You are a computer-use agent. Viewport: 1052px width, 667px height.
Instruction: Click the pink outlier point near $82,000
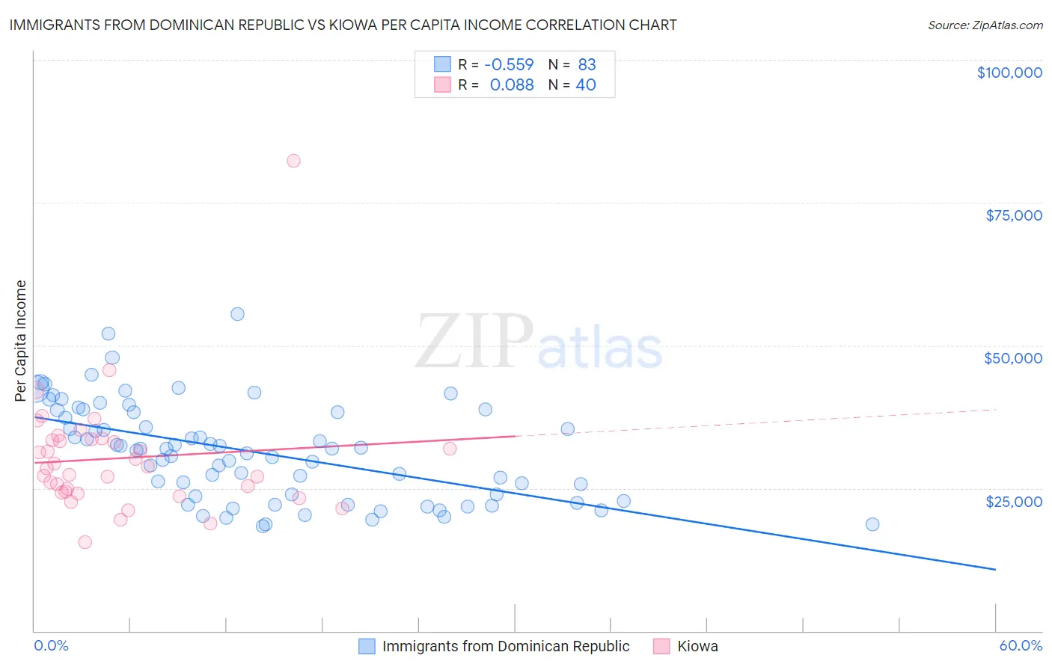point(293,161)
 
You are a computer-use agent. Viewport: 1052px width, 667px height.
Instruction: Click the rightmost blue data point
point(872,524)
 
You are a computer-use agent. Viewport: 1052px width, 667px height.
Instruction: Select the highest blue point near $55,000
point(237,314)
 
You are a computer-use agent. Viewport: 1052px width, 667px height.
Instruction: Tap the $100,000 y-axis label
point(1009,73)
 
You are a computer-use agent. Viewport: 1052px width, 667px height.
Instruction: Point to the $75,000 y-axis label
point(1013,215)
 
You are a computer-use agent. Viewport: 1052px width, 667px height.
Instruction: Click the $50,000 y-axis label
point(1012,358)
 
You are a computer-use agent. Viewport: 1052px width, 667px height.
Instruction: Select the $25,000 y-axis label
point(1013,501)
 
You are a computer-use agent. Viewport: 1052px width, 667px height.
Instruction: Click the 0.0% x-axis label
point(51,645)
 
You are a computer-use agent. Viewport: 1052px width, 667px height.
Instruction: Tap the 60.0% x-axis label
point(1020,645)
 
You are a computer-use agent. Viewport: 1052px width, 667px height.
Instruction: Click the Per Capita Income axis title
point(21,340)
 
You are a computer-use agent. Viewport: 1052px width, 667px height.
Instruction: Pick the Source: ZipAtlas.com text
point(985,25)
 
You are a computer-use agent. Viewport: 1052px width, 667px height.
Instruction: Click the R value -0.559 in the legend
point(509,64)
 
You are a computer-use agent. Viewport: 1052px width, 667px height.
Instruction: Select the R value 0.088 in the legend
point(512,85)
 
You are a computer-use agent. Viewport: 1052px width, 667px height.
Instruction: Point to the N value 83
point(587,64)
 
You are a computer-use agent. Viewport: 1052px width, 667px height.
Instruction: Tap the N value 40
point(585,85)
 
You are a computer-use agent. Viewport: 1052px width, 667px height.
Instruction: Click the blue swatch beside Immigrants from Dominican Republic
point(367,646)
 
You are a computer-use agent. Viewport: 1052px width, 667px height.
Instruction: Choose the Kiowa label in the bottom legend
point(697,646)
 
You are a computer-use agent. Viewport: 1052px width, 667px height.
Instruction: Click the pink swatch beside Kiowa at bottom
point(661,646)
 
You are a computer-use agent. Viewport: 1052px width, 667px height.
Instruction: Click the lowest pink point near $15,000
point(85,542)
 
